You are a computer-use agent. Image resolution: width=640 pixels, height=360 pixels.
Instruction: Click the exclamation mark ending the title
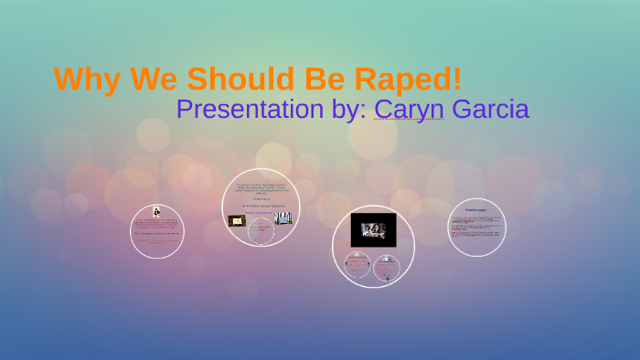click(456, 79)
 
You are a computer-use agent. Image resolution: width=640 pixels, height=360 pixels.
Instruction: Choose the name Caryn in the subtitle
click(409, 110)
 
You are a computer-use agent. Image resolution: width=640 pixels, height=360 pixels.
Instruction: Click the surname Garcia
click(490, 110)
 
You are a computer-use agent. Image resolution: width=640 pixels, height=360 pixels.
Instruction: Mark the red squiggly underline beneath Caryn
click(409, 121)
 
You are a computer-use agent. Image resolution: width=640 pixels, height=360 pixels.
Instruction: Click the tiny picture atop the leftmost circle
click(157, 211)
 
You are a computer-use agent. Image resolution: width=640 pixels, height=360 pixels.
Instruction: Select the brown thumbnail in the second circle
click(237, 220)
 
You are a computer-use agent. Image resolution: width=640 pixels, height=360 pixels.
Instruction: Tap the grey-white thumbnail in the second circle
click(283, 219)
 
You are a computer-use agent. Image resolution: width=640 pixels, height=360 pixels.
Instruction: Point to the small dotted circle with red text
click(261, 231)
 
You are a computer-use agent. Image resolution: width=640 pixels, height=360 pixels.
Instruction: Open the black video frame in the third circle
click(373, 229)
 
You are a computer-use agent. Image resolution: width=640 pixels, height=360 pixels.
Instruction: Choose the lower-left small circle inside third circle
click(357, 266)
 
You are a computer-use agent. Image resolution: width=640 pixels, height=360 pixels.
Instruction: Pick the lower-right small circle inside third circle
click(387, 267)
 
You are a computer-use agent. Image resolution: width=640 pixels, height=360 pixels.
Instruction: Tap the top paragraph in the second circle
click(261, 188)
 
